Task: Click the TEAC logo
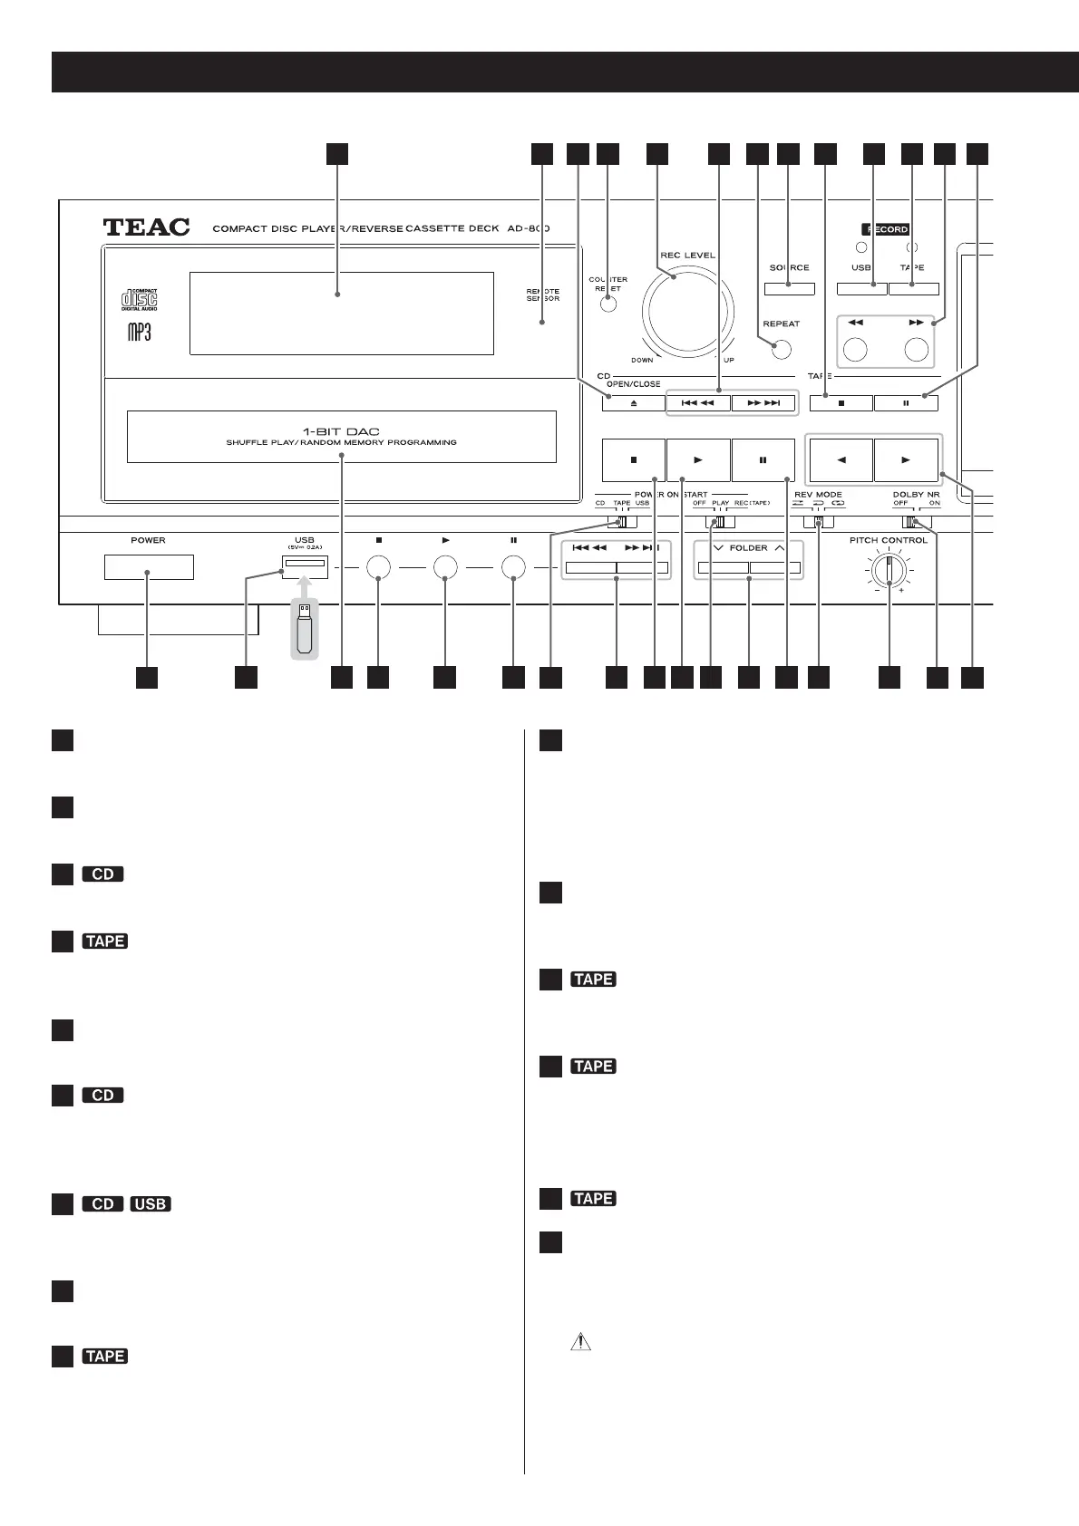click(147, 227)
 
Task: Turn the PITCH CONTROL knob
click(889, 571)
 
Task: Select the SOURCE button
click(789, 289)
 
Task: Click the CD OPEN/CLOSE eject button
click(633, 402)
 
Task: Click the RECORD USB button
click(861, 289)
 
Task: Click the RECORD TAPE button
click(913, 289)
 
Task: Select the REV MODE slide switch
click(818, 522)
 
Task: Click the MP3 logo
click(139, 332)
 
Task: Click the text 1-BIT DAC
click(341, 431)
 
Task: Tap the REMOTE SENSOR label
click(543, 295)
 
